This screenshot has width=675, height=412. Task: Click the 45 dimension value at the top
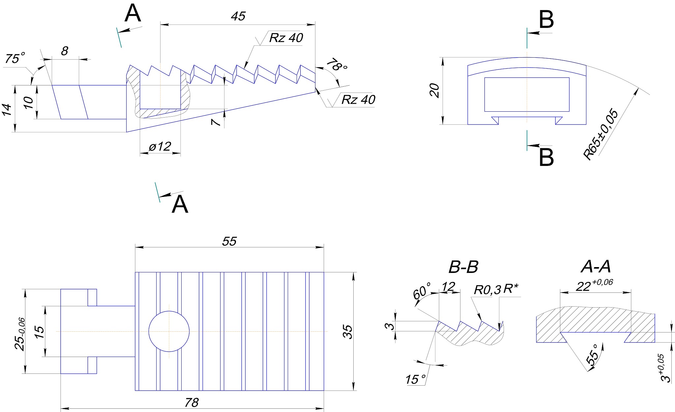(x=238, y=16)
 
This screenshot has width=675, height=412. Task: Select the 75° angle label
(x=15, y=59)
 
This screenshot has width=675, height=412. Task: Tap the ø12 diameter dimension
(x=160, y=146)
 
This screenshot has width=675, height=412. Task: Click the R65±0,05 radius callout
(x=601, y=134)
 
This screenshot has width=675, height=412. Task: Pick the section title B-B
(x=463, y=267)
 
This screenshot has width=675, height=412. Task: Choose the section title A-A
(x=596, y=267)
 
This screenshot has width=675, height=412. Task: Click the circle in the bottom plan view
(x=169, y=331)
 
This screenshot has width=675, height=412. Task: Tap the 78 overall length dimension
(x=192, y=402)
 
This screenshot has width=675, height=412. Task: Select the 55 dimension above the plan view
(x=229, y=241)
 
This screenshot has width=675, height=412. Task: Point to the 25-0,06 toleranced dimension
(x=20, y=334)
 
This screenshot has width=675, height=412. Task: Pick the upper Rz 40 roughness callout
(x=286, y=38)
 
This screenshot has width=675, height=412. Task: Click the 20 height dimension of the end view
(x=435, y=91)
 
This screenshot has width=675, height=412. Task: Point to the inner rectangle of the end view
(x=527, y=95)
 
